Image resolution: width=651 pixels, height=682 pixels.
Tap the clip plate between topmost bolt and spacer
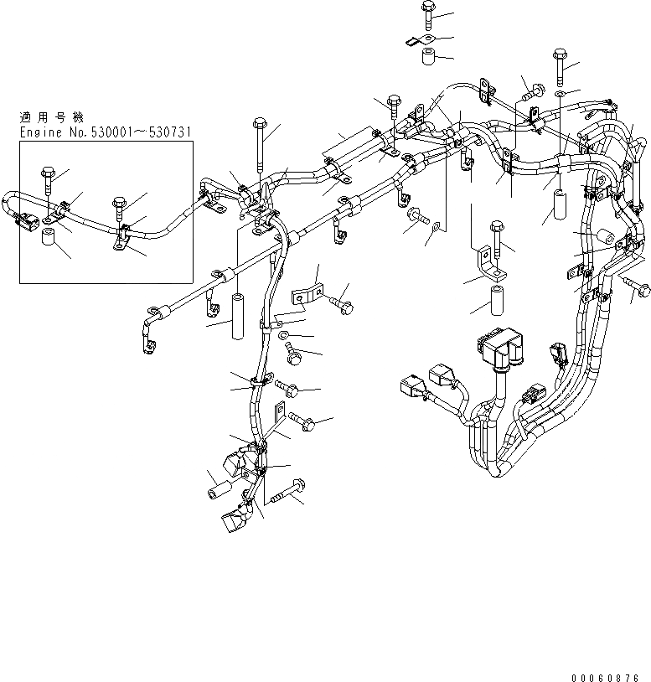(x=418, y=39)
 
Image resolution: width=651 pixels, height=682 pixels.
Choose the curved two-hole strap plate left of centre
(x=306, y=296)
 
